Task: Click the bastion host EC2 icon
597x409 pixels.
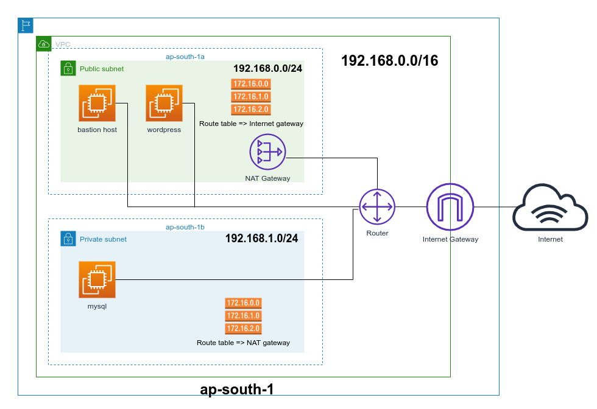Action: pyautogui.click(x=97, y=103)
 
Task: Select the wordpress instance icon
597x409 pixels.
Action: pyautogui.click(x=164, y=103)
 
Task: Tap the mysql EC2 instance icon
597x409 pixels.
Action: pyautogui.click(x=97, y=279)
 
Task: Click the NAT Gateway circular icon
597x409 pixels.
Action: pyautogui.click(x=267, y=152)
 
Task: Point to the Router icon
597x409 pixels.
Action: pyautogui.click(x=377, y=206)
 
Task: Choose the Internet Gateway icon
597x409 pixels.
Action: pyautogui.click(x=450, y=206)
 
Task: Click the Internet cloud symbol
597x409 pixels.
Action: pyautogui.click(x=550, y=210)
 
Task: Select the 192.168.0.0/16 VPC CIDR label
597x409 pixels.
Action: pyautogui.click(x=389, y=61)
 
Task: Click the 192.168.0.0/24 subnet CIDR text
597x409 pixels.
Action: pyautogui.click(x=268, y=68)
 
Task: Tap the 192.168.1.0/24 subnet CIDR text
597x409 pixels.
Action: pyautogui.click(x=261, y=238)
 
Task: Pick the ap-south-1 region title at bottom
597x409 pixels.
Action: pyautogui.click(x=241, y=390)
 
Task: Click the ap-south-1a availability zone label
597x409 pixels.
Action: pyautogui.click(x=185, y=57)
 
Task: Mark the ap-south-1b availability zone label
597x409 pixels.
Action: pyautogui.click(x=185, y=227)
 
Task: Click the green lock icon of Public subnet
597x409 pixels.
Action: pyautogui.click(x=68, y=68)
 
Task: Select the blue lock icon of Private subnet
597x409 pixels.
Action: pyautogui.click(x=68, y=239)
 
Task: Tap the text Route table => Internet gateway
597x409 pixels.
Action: pyautogui.click(x=251, y=124)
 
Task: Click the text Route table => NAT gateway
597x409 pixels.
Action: pyautogui.click(x=243, y=343)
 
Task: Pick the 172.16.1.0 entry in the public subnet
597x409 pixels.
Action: pyautogui.click(x=250, y=97)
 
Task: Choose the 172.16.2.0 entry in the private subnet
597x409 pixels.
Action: pyautogui.click(x=243, y=329)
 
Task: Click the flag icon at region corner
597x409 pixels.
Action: pyautogui.click(x=26, y=25)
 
